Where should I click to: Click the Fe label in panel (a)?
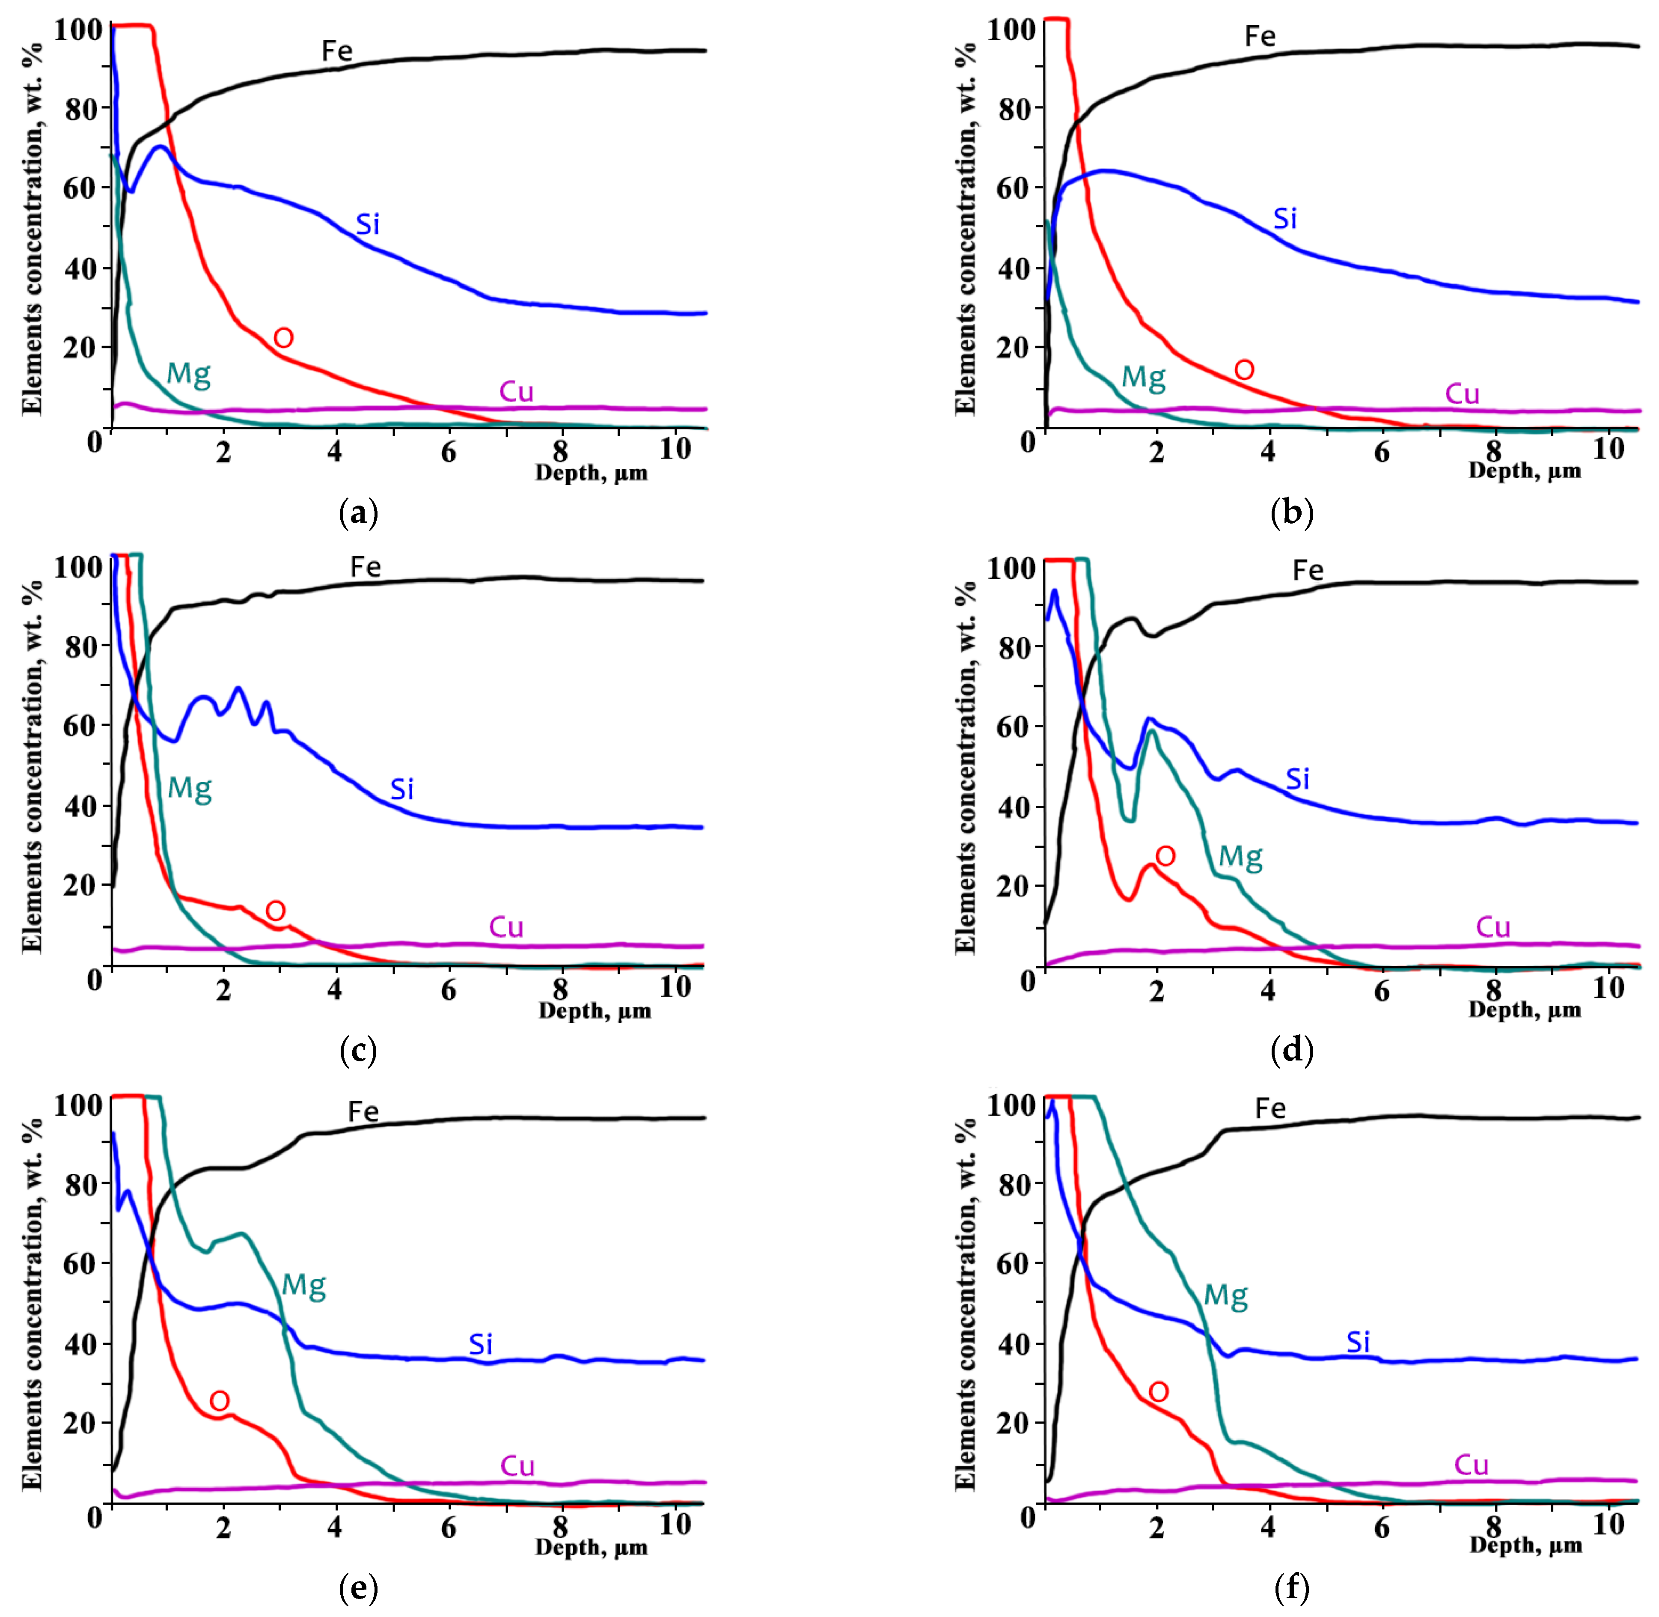point(336,52)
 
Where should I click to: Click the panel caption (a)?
point(357,513)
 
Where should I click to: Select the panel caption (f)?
point(1291,1587)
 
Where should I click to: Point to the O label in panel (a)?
point(284,338)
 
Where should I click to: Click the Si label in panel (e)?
point(481,1344)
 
